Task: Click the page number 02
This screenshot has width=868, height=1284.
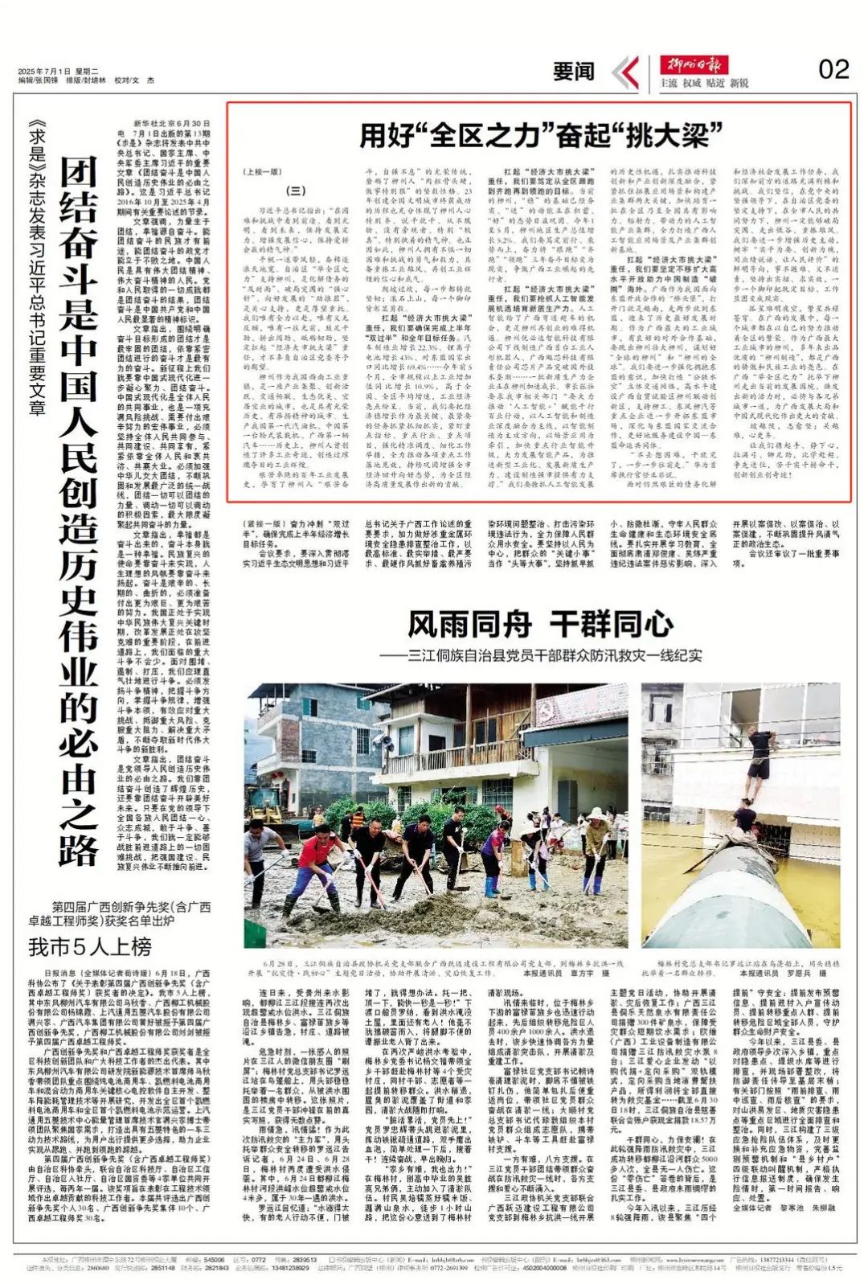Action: tap(833, 70)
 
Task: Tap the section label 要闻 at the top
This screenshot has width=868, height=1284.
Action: tap(573, 72)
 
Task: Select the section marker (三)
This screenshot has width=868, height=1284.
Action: tap(296, 191)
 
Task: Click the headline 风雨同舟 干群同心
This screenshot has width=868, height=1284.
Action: tap(539, 624)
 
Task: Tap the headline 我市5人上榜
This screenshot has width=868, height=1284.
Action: tap(90, 947)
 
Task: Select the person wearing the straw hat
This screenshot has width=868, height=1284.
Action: tap(596, 848)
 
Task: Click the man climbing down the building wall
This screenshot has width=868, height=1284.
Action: tap(759, 757)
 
